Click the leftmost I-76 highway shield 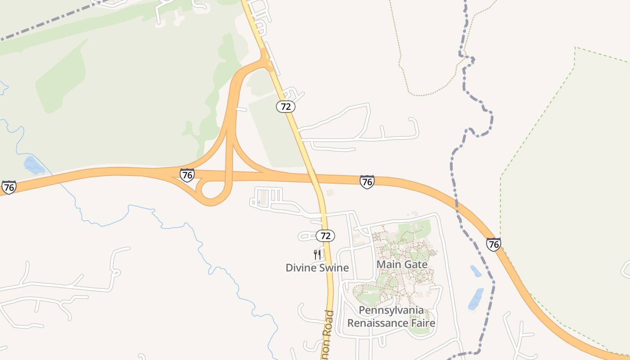click(9, 187)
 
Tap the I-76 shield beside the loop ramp click(187, 175)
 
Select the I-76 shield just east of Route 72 click(367, 182)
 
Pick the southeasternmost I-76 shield click(494, 244)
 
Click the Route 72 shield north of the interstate click(286, 107)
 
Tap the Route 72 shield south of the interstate click(325, 235)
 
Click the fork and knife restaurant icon click(317, 255)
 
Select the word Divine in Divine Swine click(300, 268)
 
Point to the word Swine click(333, 268)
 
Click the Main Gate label click(402, 265)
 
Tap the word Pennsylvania click(391, 310)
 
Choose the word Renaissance click(375, 323)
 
